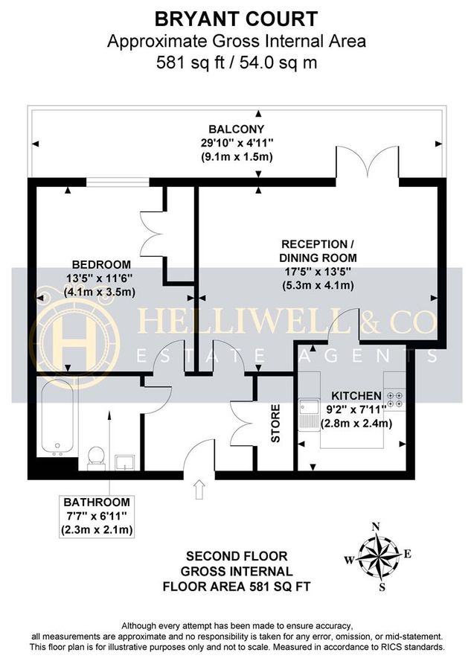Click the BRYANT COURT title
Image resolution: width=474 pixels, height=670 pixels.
(x=237, y=18)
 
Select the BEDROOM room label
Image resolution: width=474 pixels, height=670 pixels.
(x=101, y=264)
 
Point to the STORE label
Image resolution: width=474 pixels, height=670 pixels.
(x=275, y=423)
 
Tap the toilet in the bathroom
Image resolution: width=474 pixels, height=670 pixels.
(x=95, y=456)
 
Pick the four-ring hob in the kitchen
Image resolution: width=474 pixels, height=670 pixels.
(x=396, y=399)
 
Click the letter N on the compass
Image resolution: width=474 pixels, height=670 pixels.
(x=376, y=527)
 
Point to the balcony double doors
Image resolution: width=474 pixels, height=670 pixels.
(x=368, y=165)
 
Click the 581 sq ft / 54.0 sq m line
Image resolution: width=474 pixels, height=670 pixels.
(x=237, y=63)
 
